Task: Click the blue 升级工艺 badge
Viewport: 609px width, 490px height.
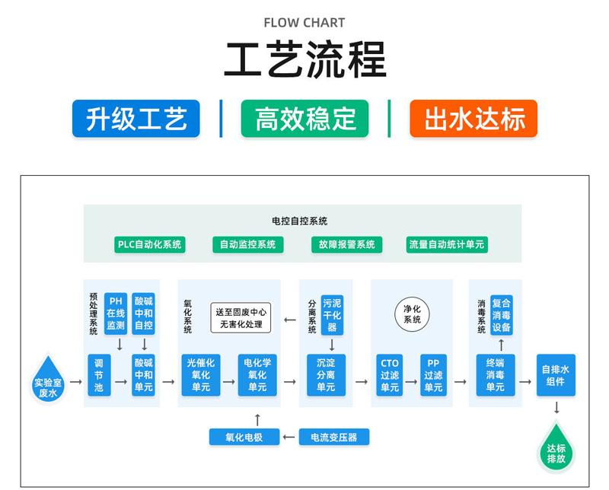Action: [x=136, y=119]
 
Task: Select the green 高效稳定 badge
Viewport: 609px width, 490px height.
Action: [x=304, y=119]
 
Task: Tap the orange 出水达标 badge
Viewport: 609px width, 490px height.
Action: [x=473, y=119]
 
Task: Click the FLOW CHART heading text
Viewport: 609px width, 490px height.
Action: [x=304, y=23]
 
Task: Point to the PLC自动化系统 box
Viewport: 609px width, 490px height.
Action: [x=149, y=244]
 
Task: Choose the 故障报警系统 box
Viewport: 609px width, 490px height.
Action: [x=344, y=244]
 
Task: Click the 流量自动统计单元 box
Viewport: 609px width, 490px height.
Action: [x=447, y=244]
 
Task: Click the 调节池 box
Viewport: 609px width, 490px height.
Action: [x=99, y=375]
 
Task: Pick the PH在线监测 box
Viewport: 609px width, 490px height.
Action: [x=116, y=313]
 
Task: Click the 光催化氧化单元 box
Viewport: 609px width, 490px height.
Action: [x=201, y=375]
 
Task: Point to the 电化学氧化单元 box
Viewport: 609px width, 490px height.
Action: [x=257, y=375]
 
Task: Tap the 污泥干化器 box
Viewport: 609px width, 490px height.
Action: [x=332, y=313]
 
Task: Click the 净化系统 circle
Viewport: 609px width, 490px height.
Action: [x=412, y=313]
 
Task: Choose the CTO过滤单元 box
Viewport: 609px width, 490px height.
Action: [x=390, y=375]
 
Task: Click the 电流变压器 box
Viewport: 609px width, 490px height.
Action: [x=334, y=437]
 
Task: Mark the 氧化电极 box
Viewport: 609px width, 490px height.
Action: [x=244, y=437]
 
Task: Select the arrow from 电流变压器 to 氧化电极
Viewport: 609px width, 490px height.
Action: [x=289, y=437]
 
